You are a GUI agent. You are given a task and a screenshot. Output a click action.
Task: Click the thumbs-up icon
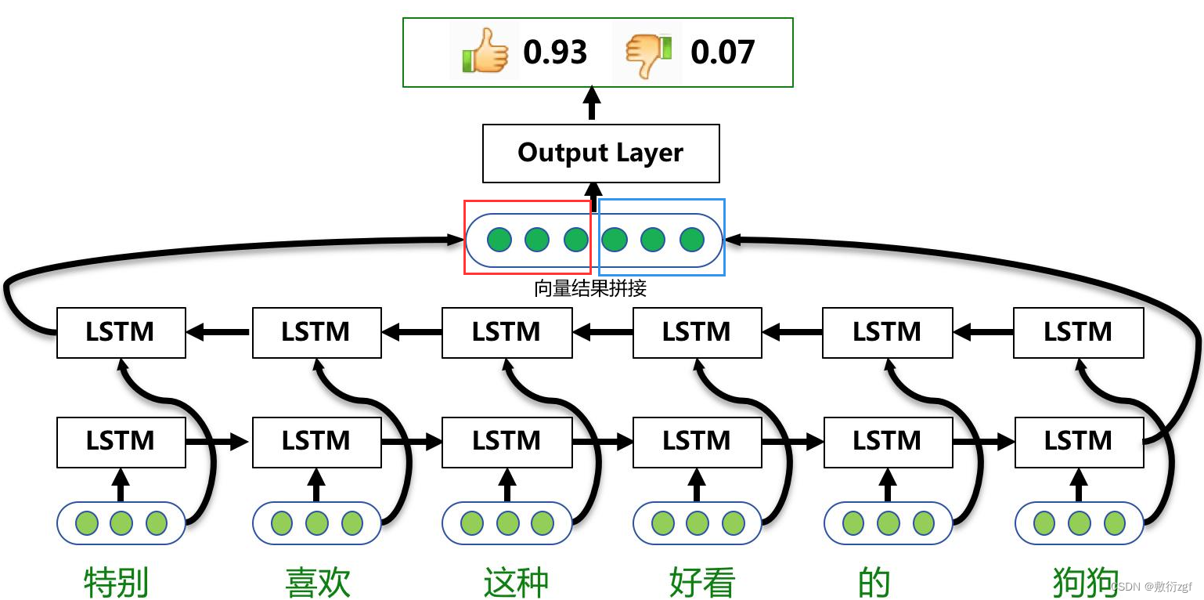click(485, 51)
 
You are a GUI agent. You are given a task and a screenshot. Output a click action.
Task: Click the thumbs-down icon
click(649, 52)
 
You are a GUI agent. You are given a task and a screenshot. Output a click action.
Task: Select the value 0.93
click(555, 52)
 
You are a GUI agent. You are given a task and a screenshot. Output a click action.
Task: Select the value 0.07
click(722, 52)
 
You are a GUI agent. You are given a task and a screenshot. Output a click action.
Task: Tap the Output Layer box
click(600, 153)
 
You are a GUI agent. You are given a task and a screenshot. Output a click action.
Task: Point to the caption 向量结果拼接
click(590, 288)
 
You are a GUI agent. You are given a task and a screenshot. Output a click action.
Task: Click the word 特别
click(117, 582)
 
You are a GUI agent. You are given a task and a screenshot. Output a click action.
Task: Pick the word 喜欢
click(317, 582)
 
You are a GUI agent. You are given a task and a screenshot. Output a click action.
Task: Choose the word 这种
click(516, 582)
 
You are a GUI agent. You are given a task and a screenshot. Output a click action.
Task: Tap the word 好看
click(702, 582)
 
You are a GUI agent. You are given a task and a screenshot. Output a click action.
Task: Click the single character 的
click(874, 582)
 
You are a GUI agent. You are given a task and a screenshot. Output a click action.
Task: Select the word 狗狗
click(1085, 582)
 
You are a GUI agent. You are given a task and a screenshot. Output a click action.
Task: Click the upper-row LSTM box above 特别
click(121, 332)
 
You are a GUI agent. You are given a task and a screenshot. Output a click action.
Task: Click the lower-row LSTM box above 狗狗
click(1078, 441)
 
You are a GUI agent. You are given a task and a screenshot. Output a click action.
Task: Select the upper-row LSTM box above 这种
click(506, 332)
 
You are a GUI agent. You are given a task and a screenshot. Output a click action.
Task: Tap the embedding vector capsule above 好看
click(697, 522)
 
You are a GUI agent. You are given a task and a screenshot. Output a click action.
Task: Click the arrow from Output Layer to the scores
click(592, 105)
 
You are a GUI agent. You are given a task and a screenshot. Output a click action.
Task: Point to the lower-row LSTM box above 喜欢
click(316, 441)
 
